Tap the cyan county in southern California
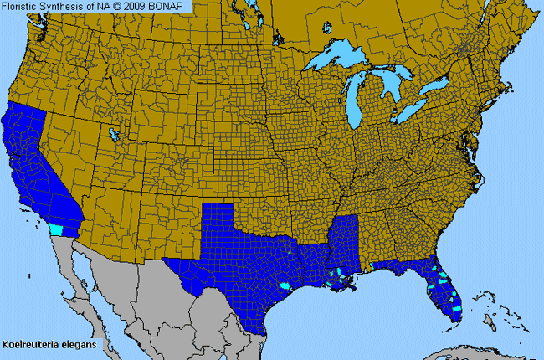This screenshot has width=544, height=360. pyautogui.click(x=56, y=229)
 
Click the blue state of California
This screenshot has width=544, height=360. pyautogui.click(x=33, y=167)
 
